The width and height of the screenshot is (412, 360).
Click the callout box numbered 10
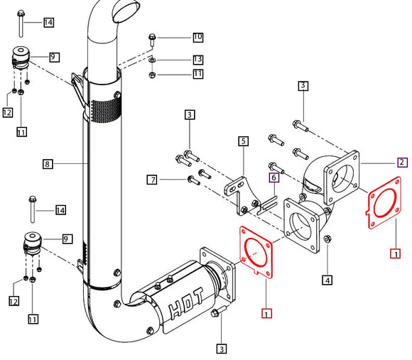pyautogui.click(x=197, y=36)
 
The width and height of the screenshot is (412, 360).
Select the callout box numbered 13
pyautogui.click(x=197, y=59)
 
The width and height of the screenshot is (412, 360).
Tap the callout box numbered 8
pyautogui.click(x=48, y=164)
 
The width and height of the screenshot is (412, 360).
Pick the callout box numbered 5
pyautogui.click(x=243, y=141)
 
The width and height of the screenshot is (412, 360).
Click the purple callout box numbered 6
pyautogui.click(x=272, y=178)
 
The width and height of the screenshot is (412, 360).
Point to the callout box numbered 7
pyautogui.click(x=151, y=180)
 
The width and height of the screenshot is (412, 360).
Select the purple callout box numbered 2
pyautogui.click(x=402, y=163)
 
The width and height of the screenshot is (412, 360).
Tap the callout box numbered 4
pyautogui.click(x=327, y=280)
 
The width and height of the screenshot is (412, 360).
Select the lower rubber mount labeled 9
pyautogui.click(x=33, y=241)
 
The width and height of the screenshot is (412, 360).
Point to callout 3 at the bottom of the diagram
pyautogui.click(x=222, y=348)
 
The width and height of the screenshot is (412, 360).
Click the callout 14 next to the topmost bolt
pyautogui.click(x=48, y=23)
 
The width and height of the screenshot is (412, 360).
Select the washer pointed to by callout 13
pyautogui.click(x=152, y=60)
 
